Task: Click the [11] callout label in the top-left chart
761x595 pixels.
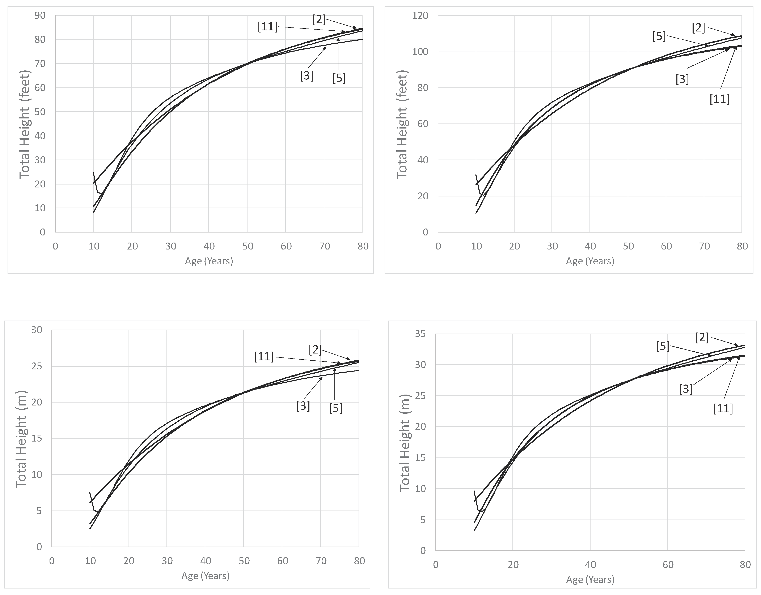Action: (267, 27)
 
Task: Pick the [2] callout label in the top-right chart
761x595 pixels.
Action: (698, 28)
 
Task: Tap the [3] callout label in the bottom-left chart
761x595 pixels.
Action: (303, 405)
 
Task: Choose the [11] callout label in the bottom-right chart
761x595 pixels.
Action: (723, 408)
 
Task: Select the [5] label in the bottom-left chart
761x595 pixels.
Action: (335, 408)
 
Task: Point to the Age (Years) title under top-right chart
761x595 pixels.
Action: (590, 261)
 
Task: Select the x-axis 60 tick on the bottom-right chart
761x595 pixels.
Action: (668, 565)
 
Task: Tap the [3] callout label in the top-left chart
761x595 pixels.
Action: (306, 76)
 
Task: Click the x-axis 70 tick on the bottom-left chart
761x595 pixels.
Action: (321, 561)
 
